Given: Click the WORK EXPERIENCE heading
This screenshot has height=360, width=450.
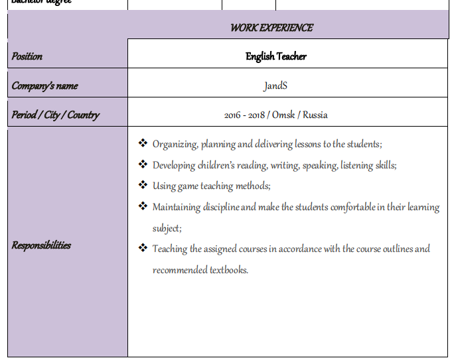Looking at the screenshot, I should (271, 28).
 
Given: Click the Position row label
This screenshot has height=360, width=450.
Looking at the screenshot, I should (27, 56).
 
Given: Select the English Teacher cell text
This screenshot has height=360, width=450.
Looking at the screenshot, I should (276, 56).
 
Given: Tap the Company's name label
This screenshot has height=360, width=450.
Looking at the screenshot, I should (44, 86).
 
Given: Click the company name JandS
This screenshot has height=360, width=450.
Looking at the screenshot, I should (275, 86).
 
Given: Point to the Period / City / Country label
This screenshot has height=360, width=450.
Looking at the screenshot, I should (55, 115).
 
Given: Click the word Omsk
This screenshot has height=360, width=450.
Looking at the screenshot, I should (283, 115).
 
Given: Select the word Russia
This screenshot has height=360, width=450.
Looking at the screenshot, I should (315, 115).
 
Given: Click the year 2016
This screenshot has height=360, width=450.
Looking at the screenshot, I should (233, 115).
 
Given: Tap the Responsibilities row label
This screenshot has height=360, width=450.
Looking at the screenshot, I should (41, 245).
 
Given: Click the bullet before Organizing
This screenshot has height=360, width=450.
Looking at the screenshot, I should (143, 143).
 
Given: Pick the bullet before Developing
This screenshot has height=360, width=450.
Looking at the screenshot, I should (143, 164).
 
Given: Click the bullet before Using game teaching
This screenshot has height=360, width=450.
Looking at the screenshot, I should (143, 185).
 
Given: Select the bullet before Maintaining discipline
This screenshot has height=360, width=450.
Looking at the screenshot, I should (143, 206).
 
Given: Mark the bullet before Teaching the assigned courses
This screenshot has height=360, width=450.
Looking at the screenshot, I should (143, 248).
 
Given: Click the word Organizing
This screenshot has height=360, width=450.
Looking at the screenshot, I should (175, 144).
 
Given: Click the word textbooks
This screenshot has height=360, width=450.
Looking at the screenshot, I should (228, 270).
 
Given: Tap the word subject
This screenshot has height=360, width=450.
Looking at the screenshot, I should (166, 228).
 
